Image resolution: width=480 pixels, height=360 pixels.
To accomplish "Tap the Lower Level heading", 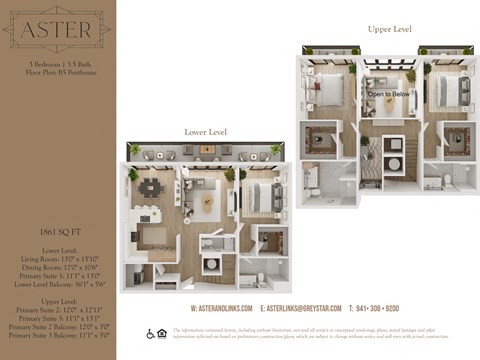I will (205, 132).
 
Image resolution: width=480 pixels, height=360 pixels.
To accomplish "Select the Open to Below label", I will (388, 94).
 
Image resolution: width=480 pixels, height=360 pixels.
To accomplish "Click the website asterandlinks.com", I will (222, 309).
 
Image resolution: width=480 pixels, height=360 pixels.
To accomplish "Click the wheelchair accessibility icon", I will (151, 333).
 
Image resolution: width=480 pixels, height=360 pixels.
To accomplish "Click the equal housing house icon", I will (163, 333).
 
